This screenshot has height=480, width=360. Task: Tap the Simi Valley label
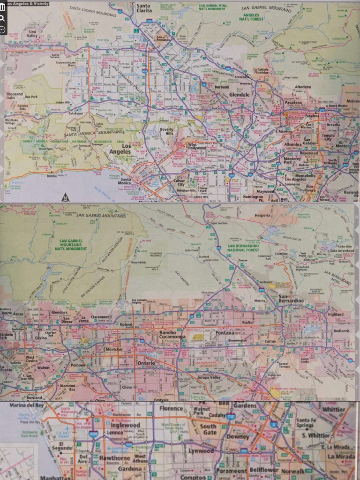[32, 33]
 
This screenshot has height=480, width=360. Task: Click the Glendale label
[240, 94]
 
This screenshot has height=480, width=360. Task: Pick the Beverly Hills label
[166, 132]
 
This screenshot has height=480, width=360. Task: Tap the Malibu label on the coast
[52, 176]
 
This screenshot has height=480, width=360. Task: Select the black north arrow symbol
[66, 197]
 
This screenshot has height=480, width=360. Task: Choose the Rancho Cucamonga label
[172, 335]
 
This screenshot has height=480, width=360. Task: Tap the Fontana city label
[225, 333]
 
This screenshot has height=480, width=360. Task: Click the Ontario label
[146, 363]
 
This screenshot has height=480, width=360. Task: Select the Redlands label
[341, 330]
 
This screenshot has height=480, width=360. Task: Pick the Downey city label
[238, 436]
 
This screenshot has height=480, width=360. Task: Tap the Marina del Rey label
[26, 405]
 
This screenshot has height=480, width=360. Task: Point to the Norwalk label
[292, 471]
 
